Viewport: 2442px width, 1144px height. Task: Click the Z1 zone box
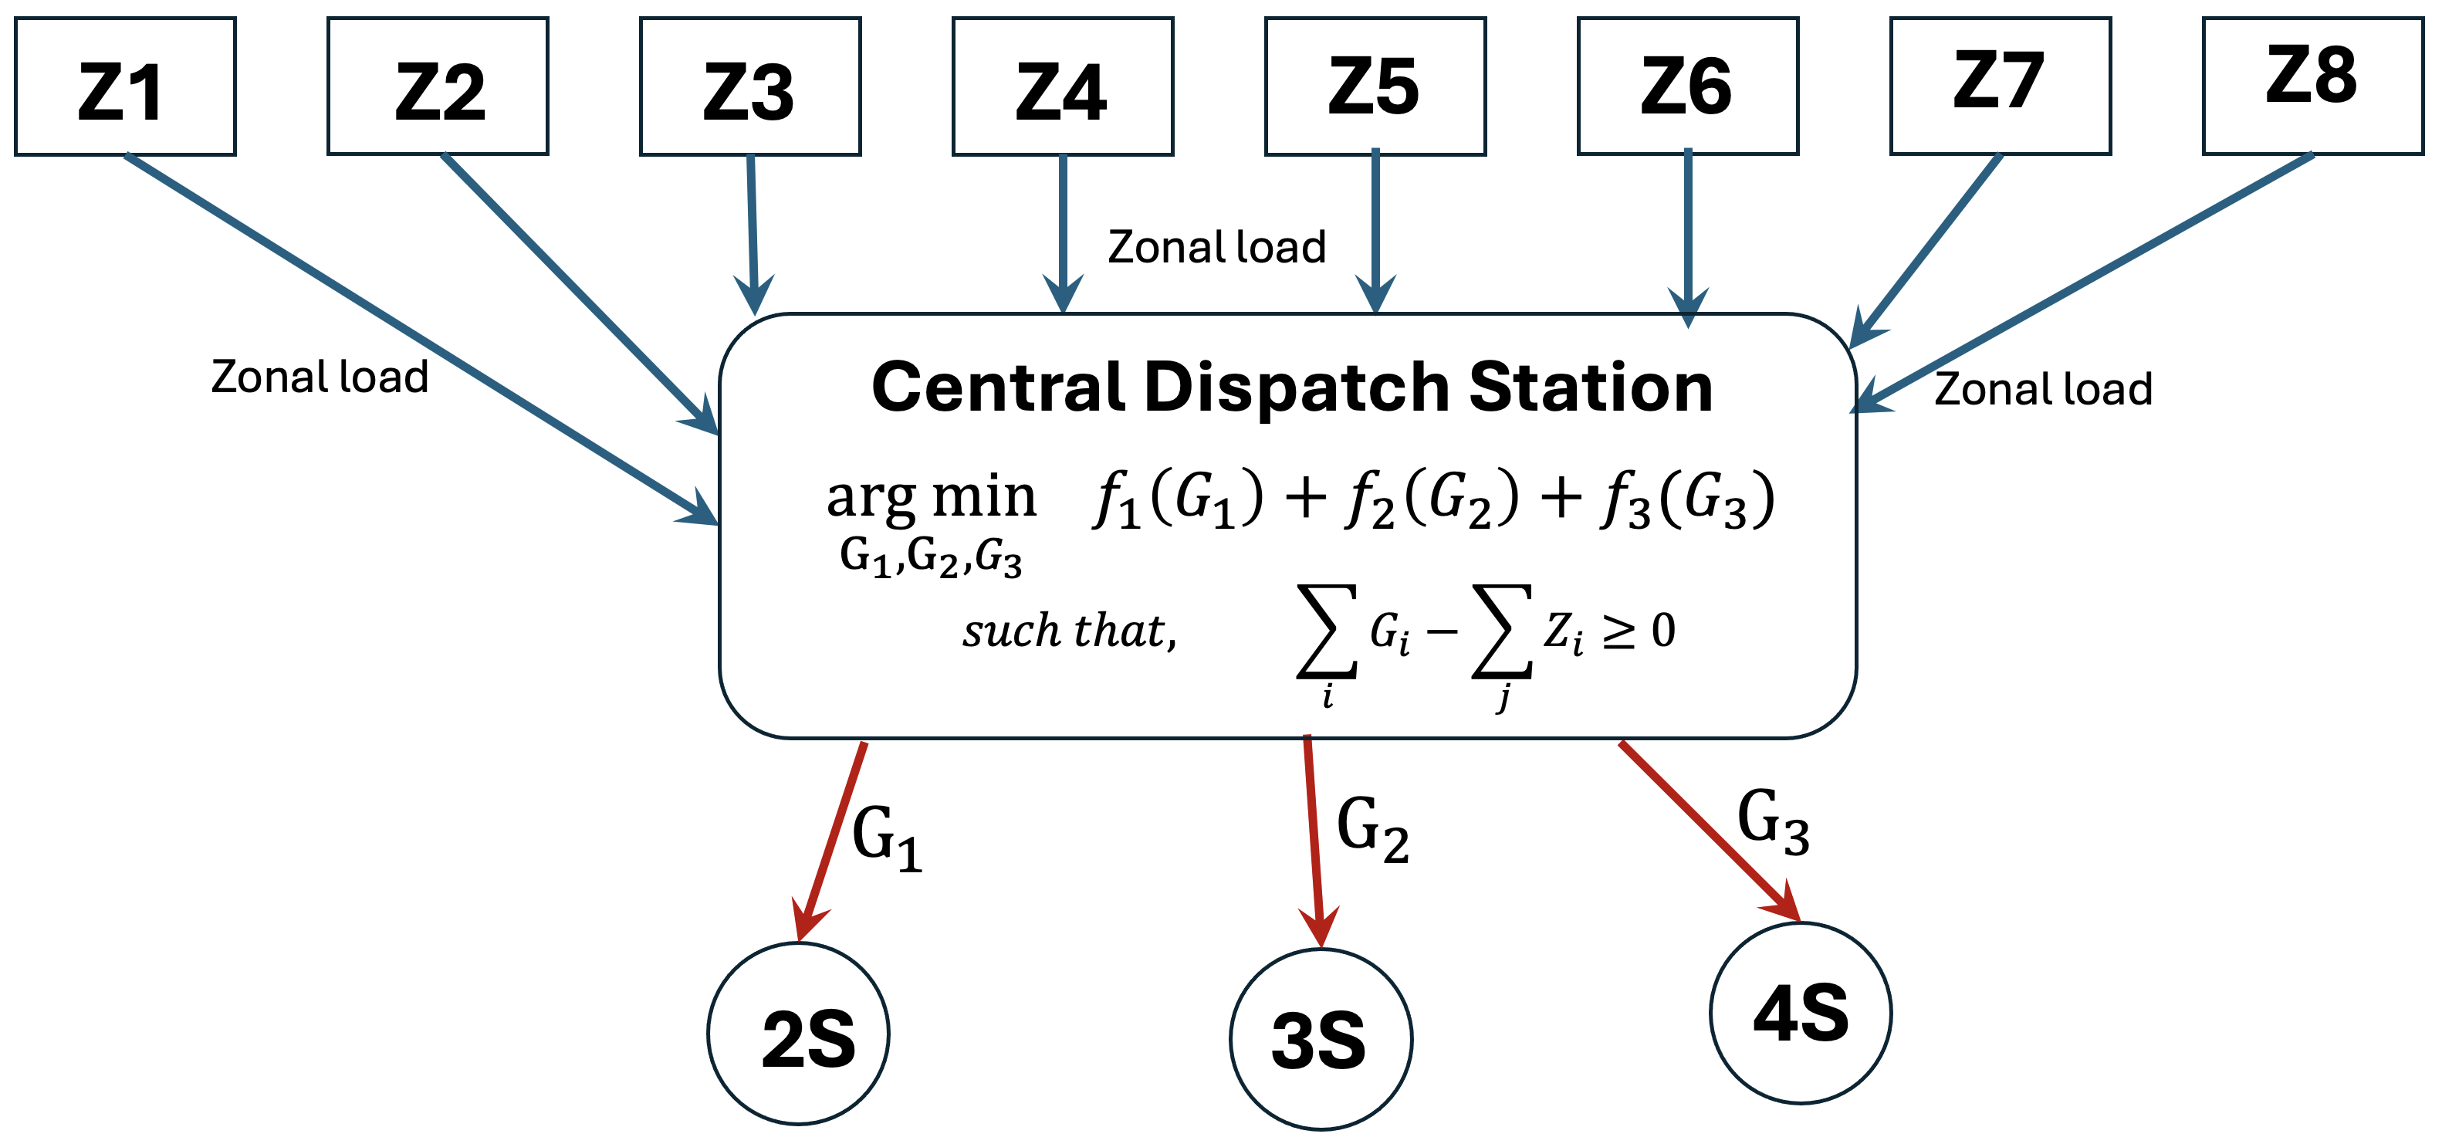pos(125,86)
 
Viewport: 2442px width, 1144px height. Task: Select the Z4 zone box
pos(1063,86)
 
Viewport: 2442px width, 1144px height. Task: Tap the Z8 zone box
pos(2312,86)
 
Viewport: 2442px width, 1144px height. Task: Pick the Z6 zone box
pos(1687,86)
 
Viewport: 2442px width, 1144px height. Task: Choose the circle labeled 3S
pos(1321,1040)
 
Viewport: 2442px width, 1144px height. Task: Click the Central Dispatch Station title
pos(1291,388)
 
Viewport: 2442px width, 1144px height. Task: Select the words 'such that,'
pos(1069,631)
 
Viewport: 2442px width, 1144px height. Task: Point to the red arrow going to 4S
pos(1706,829)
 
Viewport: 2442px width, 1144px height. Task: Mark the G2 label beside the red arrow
pos(1372,828)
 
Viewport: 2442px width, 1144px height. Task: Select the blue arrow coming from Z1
pos(417,337)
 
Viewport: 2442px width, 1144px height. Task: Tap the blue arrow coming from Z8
pos(2085,279)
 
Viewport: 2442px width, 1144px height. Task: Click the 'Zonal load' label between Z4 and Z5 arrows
pos(1216,247)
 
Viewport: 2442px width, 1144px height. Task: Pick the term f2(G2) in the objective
pos(1432,499)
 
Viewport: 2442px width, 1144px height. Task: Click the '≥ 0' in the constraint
pos(1638,631)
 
